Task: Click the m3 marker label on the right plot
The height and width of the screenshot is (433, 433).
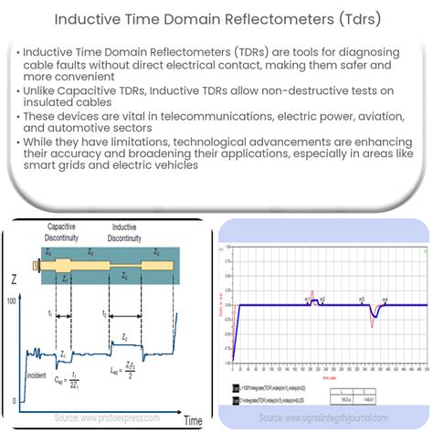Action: coord(363,299)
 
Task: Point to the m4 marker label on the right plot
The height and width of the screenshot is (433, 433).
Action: coord(385,299)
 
